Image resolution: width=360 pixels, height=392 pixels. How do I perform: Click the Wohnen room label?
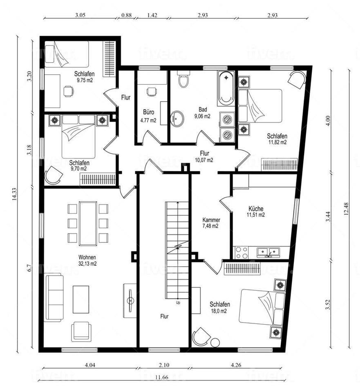[x=87, y=257]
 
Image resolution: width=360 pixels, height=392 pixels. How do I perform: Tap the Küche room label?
[x=256, y=209]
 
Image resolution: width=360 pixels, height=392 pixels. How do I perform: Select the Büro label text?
[x=148, y=112]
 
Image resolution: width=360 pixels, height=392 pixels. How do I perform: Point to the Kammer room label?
[x=211, y=220]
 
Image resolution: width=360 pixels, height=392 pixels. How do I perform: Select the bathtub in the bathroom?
[x=226, y=88]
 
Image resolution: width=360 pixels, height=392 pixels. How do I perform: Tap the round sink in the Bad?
[x=177, y=118]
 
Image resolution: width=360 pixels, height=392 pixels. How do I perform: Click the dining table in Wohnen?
[x=88, y=223]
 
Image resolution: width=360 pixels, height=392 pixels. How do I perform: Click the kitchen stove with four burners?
[x=241, y=252]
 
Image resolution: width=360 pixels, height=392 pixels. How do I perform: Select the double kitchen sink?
[x=268, y=252]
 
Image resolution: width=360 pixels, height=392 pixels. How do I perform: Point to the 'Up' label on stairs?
[x=178, y=303]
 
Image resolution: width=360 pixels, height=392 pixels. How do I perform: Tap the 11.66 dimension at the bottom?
[x=162, y=377]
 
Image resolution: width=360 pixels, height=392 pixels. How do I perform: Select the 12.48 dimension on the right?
[x=346, y=209]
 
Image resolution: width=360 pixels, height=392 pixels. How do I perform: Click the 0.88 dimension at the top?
[x=126, y=15]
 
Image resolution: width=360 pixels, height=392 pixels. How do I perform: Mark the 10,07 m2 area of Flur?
[x=204, y=160]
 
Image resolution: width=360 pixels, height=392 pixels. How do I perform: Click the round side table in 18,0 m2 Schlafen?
[x=215, y=342]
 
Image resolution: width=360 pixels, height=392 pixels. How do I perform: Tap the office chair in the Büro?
[x=151, y=92]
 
